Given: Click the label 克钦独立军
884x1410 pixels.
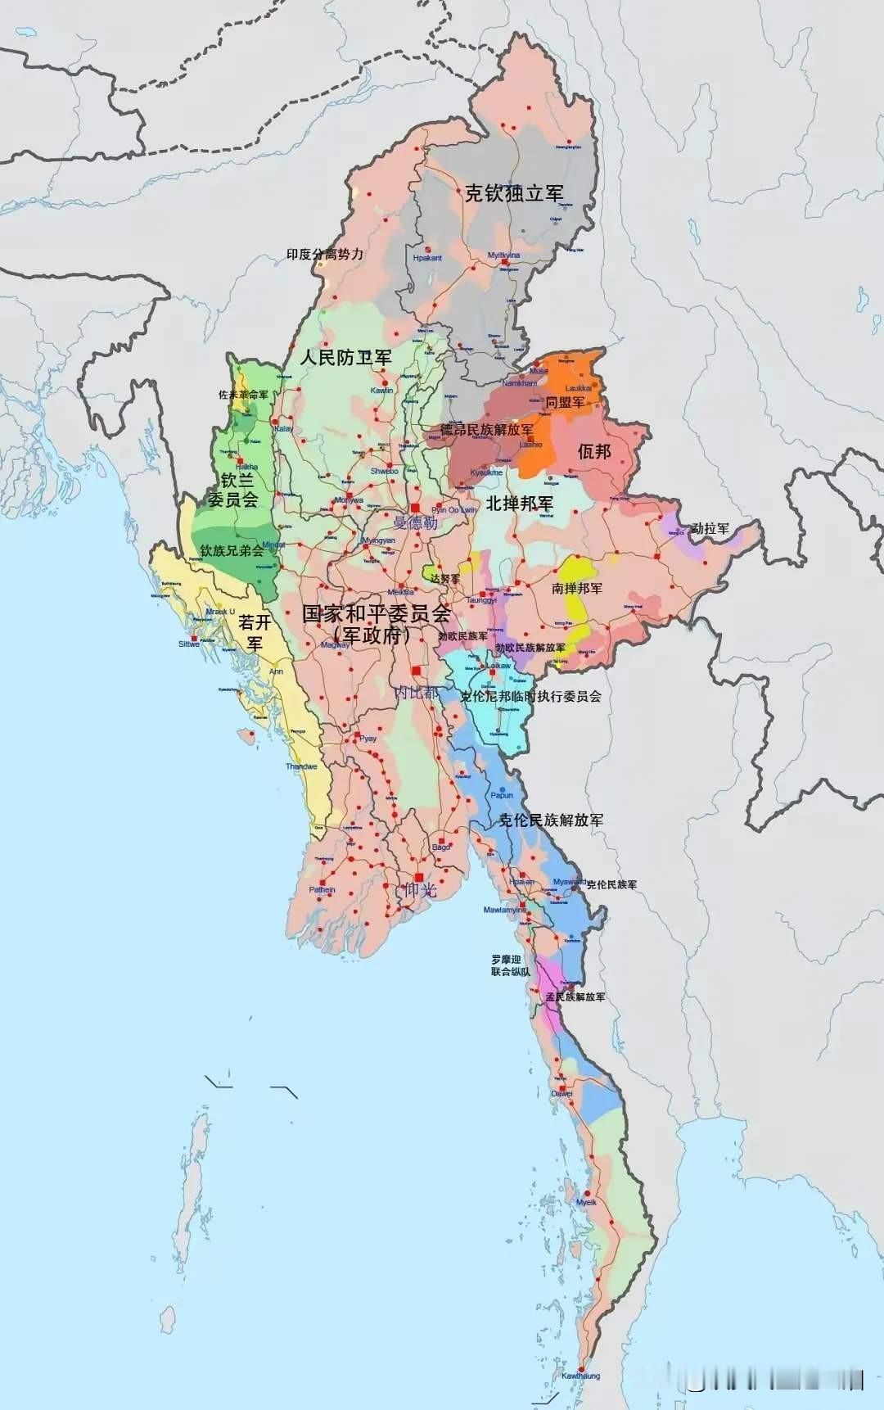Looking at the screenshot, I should [514, 194].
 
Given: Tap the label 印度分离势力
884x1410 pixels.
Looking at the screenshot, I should [325, 255].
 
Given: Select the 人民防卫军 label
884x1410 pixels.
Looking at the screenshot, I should [345, 357].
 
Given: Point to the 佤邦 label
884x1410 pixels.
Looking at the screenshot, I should [594, 451].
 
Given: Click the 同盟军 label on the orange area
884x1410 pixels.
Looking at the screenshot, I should [565, 402].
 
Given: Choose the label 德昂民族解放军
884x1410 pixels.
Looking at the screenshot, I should [486, 430].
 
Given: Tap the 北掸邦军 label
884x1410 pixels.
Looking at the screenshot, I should [519, 503].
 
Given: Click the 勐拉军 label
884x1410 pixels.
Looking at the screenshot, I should [710, 529].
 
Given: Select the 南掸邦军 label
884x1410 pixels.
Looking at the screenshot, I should [577, 588].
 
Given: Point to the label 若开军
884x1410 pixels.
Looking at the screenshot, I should [255, 632].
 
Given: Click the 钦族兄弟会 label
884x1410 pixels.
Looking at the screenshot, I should [232, 550].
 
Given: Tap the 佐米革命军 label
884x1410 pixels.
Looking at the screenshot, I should [243, 395].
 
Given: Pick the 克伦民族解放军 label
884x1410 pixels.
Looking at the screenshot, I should [551, 820].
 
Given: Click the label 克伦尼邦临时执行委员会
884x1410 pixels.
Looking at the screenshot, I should [530, 696].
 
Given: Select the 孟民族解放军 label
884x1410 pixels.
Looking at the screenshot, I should [575, 996].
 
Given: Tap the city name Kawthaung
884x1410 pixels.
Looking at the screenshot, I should [580, 1376].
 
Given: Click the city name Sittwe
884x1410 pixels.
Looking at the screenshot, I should [189, 644].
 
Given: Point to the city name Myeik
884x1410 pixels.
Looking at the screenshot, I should [586, 1202].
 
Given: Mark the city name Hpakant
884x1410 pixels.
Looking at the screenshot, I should [427, 258].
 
